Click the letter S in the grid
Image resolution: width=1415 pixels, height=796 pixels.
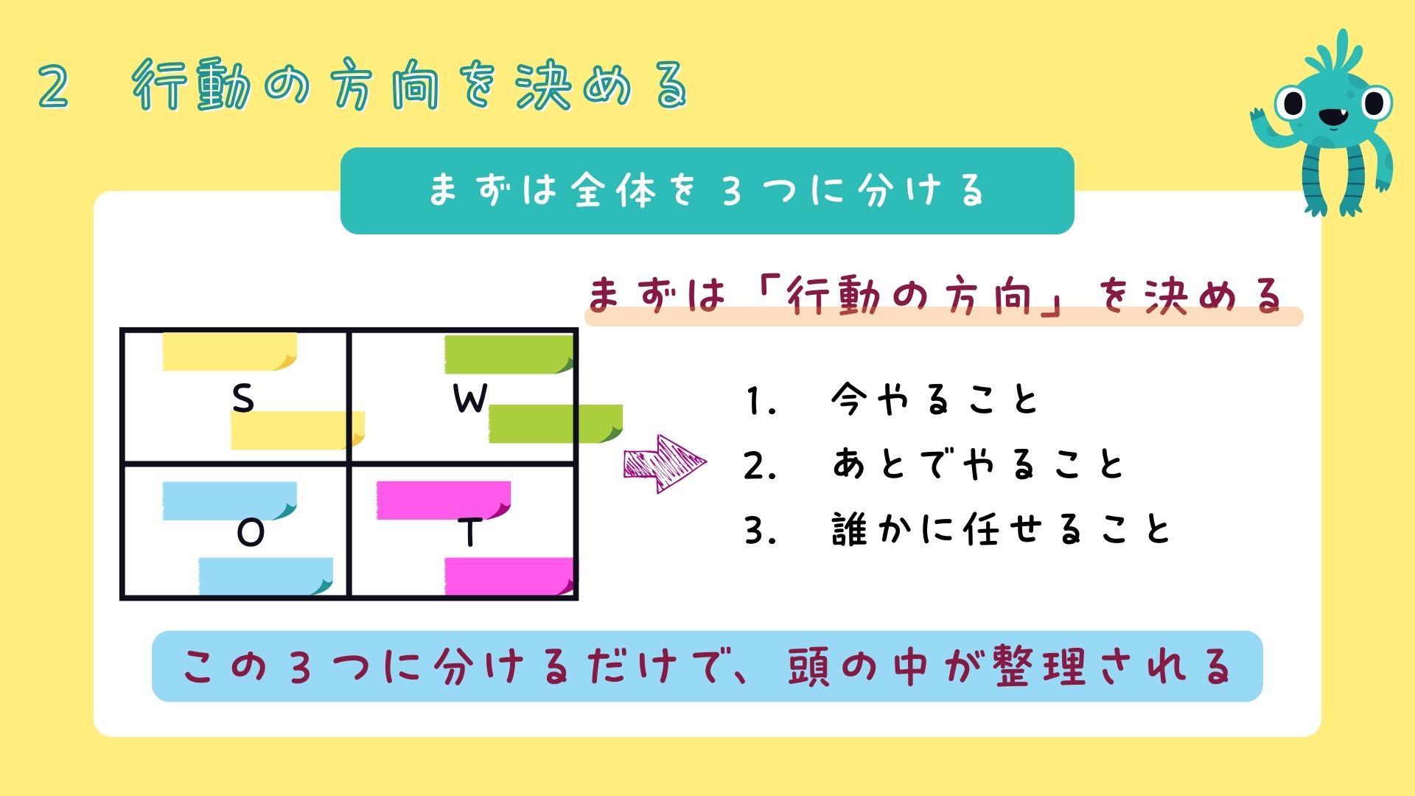point(242,399)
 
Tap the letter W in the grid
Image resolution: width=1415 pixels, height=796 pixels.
point(469,399)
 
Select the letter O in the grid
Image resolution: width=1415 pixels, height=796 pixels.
point(251,533)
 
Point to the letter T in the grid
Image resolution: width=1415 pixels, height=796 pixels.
point(469,532)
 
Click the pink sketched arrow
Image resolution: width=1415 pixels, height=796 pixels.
point(664,464)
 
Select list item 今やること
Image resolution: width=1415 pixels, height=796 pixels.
point(934,400)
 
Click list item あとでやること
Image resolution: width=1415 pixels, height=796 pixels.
point(977,465)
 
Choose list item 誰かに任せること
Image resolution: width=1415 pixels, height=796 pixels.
point(1001,530)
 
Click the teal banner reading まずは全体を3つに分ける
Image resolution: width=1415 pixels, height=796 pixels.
point(707,191)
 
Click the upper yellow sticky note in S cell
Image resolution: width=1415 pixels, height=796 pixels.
point(229,352)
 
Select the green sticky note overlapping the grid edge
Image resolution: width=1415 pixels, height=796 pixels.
point(555,424)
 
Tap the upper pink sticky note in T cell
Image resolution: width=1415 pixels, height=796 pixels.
point(443,500)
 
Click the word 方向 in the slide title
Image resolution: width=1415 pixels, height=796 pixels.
point(384,86)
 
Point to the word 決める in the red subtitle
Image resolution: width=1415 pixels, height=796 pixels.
point(1213,296)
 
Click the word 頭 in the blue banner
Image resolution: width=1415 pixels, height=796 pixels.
point(808,666)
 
